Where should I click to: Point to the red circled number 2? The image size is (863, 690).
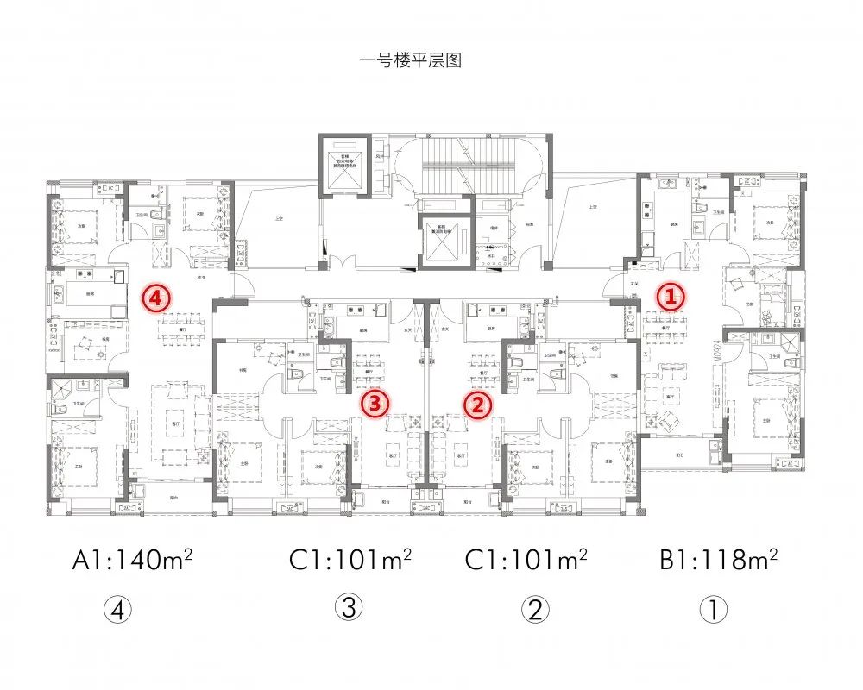477,402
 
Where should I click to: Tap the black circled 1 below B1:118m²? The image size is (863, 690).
714,611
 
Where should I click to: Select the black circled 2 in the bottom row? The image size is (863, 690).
535,611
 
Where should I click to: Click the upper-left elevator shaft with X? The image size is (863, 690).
343,165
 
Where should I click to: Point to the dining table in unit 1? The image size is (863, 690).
660,323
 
